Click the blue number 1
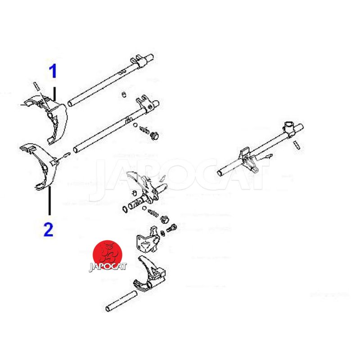click(53, 71)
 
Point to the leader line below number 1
click(54, 94)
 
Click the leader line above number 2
click(49, 201)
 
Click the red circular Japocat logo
click(108, 255)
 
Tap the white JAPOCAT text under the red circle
click(108, 267)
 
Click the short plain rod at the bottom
click(121, 301)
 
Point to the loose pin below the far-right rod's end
click(297, 145)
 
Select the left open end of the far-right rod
click(220, 173)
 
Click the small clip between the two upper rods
click(124, 94)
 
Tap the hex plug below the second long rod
click(154, 135)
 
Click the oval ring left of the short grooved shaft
click(125, 209)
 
